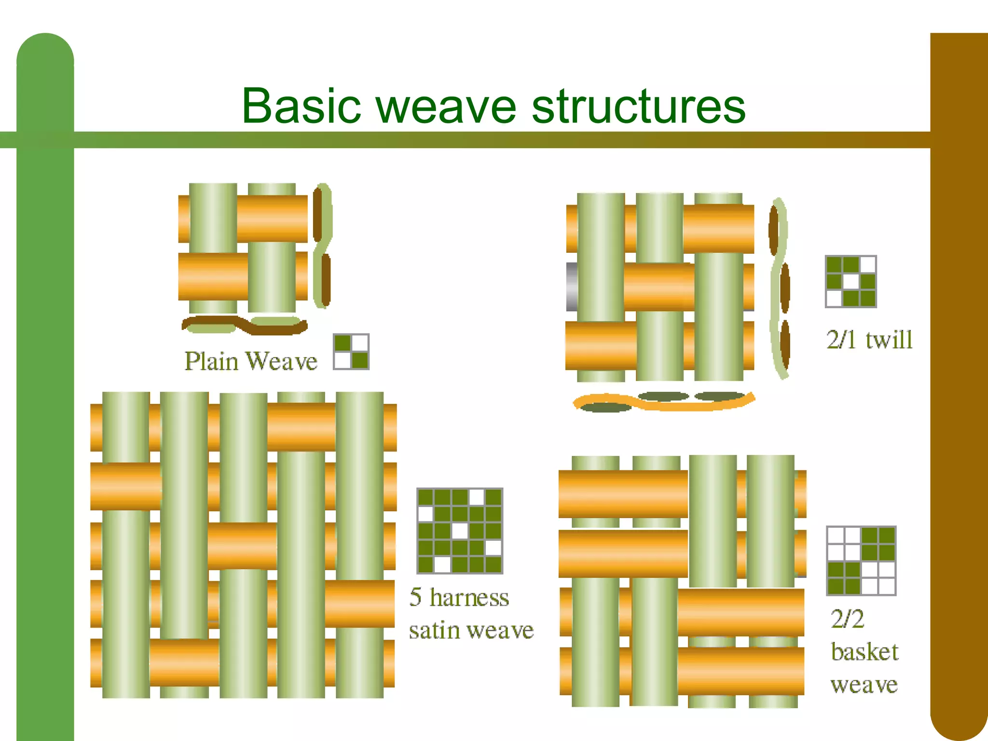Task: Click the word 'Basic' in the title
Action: [x=301, y=106]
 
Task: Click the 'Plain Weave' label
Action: [x=251, y=361]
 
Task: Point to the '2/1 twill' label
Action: [x=869, y=340]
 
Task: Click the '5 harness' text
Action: [x=459, y=597]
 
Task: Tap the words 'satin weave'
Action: [x=471, y=630]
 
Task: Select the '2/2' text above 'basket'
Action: [x=847, y=619]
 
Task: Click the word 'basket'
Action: [x=864, y=652]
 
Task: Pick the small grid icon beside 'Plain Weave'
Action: [x=351, y=352]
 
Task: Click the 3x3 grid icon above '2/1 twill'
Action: [x=851, y=282]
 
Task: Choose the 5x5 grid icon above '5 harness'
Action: [x=460, y=531]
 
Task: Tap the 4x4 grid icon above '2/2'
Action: [x=861, y=561]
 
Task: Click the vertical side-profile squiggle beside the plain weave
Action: [x=322, y=246]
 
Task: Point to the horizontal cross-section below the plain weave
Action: [x=244, y=325]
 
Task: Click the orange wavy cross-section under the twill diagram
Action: [x=664, y=402]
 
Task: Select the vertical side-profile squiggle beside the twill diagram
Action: [x=779, y=288]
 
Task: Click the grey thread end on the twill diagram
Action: [x=572, y=287]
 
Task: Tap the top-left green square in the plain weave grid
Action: [x=343, y=343]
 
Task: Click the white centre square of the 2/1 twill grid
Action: [x=851, y=282]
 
